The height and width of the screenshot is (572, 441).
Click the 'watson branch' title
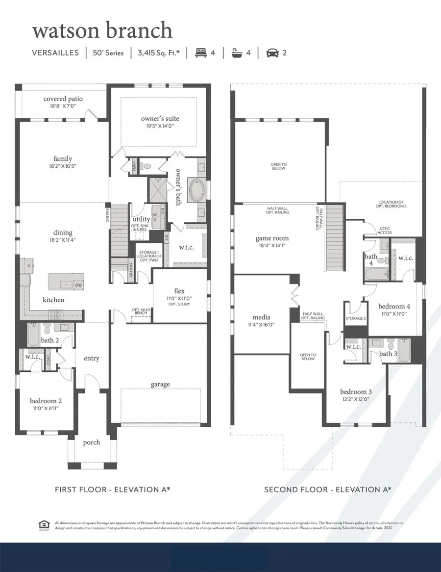click(x=102, y=30)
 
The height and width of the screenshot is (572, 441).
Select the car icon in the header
click(x=270, y=52)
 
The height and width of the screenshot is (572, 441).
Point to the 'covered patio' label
click(x=63, y=99)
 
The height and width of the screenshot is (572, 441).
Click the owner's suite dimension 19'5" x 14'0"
click(x=160, y=126)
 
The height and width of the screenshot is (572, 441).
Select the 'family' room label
click(x=63, y=158)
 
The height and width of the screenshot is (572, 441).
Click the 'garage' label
click(x=160, y=384)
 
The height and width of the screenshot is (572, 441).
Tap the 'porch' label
click(x=91, y=442)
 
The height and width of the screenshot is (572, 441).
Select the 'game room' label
click(x=270, y=238)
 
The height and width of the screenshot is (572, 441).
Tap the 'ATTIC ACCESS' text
click(x=385, y=230)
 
